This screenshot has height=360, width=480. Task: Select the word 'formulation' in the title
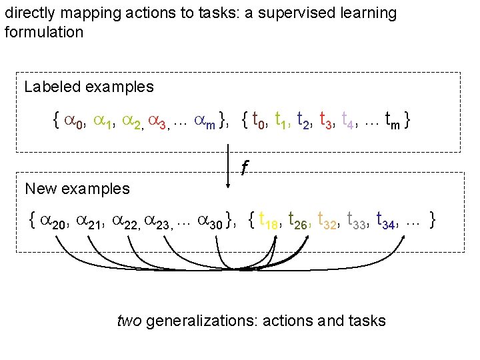click(44, 32)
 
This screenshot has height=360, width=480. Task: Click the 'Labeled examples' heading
click(89, 87)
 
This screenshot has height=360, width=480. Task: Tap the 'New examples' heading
click(77, 189)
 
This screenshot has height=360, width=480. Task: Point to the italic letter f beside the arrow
click(245, 169)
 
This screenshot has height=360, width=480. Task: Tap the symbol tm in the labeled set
click(393, 121)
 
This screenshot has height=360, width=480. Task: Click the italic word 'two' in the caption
click(129, 321)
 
